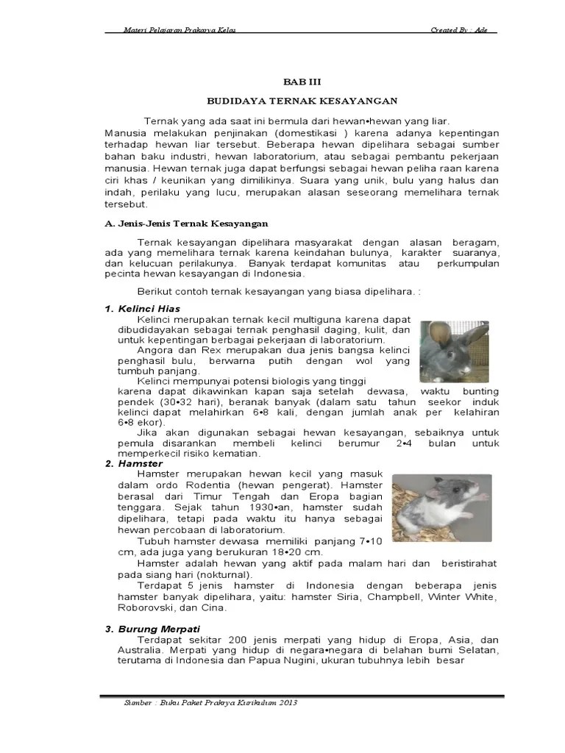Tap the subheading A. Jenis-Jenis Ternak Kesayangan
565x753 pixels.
tap(186, 223)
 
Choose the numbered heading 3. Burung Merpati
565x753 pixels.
tap(152, 629)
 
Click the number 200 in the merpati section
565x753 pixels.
tap(241, 640)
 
